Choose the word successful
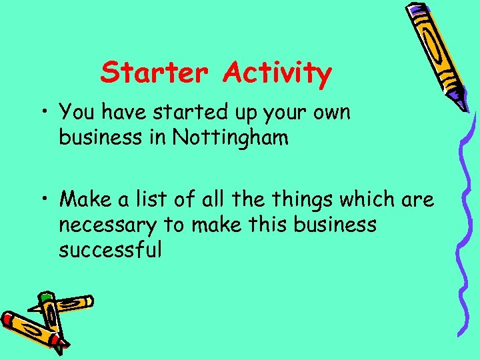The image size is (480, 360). [111, 251]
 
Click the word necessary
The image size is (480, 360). [105, 225]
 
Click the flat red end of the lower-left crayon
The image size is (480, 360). [8, 319]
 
